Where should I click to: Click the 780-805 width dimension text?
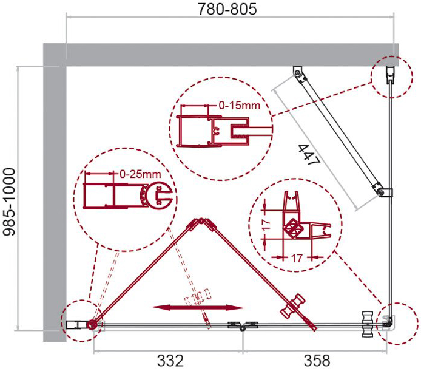point(227,9)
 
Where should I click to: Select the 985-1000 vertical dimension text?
point(9,202)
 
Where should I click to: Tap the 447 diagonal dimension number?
point(309,155)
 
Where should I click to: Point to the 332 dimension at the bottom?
point(170,361)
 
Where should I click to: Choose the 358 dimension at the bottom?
point(317,361)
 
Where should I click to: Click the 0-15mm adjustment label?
point(240,105)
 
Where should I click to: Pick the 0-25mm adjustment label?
point(140,174)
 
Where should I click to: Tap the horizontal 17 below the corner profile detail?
point(297,258)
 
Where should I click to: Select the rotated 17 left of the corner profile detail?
point(266,225)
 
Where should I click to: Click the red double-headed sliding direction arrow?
point(198,308)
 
